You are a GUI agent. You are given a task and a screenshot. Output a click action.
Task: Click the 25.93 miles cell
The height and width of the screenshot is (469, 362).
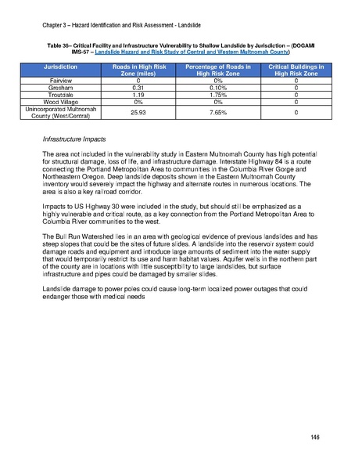138,114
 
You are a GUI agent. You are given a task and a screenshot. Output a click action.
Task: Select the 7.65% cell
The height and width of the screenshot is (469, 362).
213,114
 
